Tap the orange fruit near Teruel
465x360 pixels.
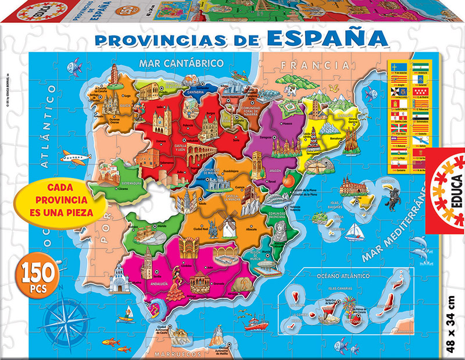pyautogui.click(x=287, y=181)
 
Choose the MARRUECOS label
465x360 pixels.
pyautogui.click(x=172, y=353)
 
